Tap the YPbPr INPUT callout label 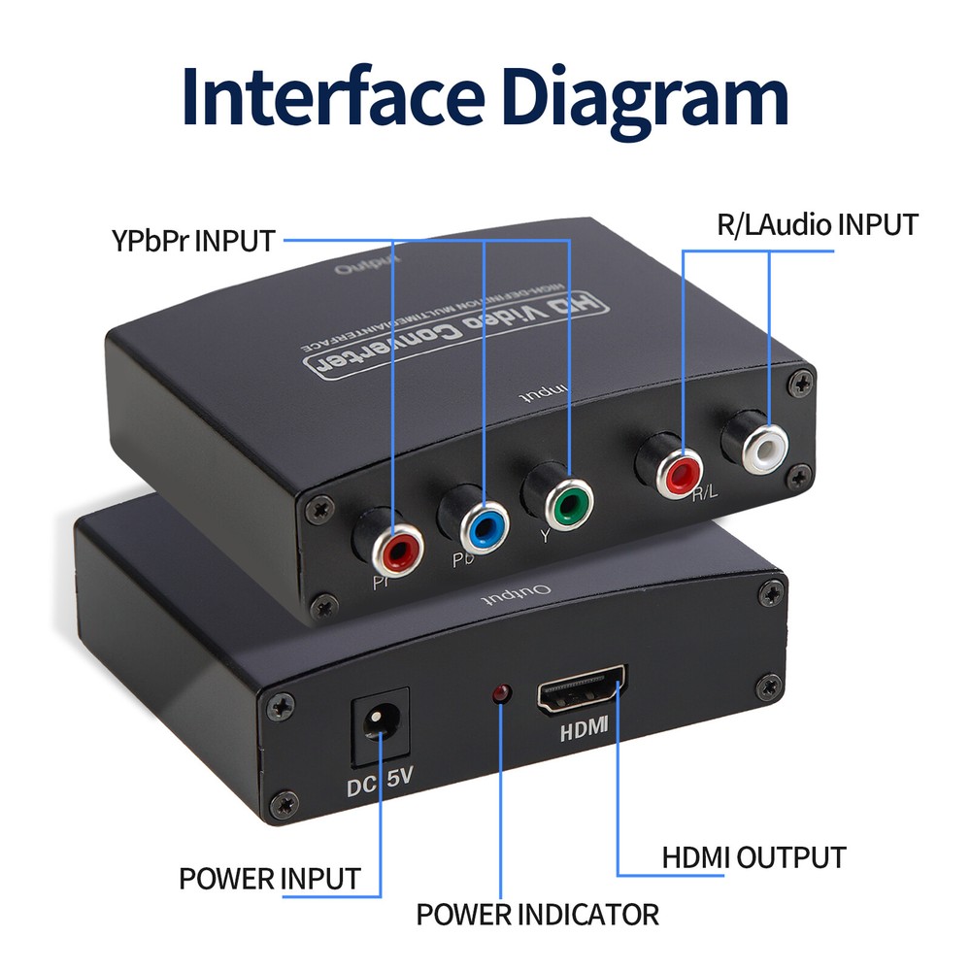(193, 241)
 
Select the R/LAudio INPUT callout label (817, 225)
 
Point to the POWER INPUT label (269, 879)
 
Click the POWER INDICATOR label (537, 914)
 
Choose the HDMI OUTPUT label (753, 857)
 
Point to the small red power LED (502, 693)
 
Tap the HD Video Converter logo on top (456, 335)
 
